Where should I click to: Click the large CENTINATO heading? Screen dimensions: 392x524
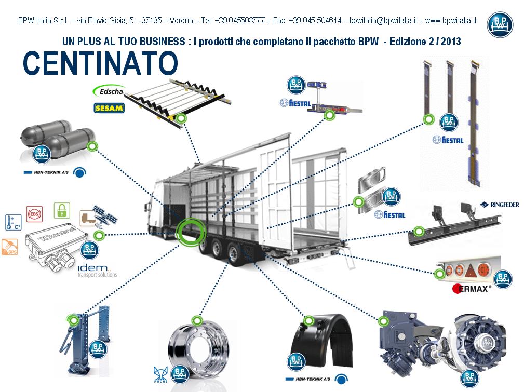pos(100,63)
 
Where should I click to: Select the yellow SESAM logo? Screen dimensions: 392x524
pos(108,108)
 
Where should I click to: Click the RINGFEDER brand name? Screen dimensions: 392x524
pos(499,205)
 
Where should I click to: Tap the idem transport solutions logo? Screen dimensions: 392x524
pos(97,269)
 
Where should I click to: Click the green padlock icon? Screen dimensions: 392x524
pos(62,211)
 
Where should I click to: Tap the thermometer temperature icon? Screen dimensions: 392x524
pos(12,222)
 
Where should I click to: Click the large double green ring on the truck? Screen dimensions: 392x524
pos(189,232)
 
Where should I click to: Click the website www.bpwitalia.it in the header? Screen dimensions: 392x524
pos(450,21)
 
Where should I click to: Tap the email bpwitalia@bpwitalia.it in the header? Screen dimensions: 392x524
pos(383,21)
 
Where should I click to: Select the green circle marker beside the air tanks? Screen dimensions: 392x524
pos(92,146)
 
